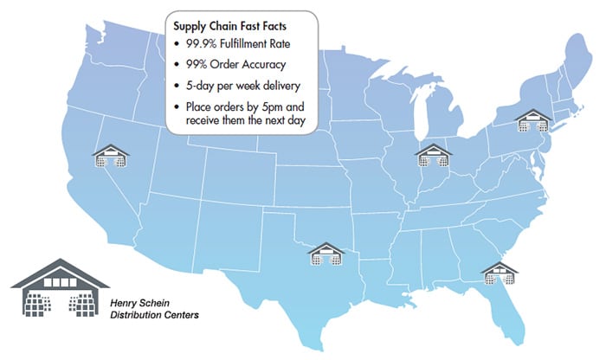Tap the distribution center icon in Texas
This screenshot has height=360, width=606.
326,254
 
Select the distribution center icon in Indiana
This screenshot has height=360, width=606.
433,155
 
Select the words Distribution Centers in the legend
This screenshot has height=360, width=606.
155,315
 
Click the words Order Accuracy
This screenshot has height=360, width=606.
257,66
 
